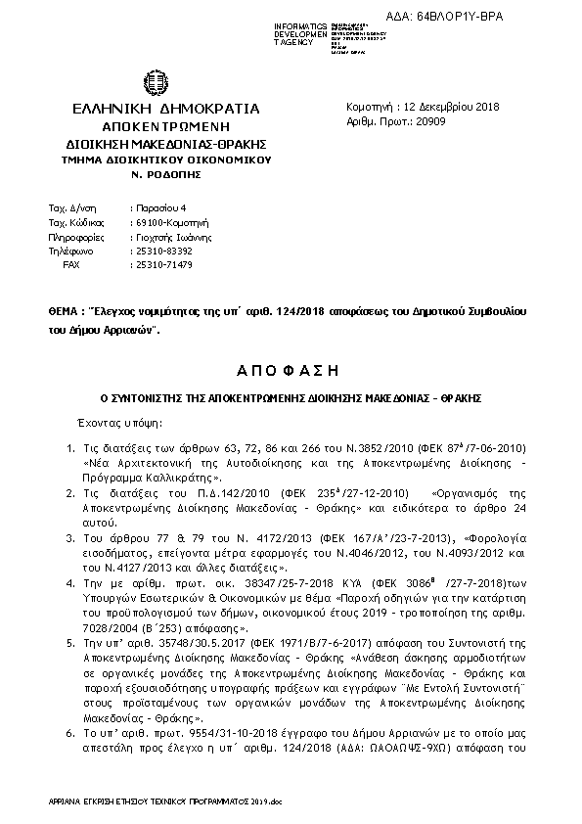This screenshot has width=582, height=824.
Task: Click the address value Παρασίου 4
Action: [153, 208]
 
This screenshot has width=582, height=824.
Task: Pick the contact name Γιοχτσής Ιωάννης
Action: [173, 237]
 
